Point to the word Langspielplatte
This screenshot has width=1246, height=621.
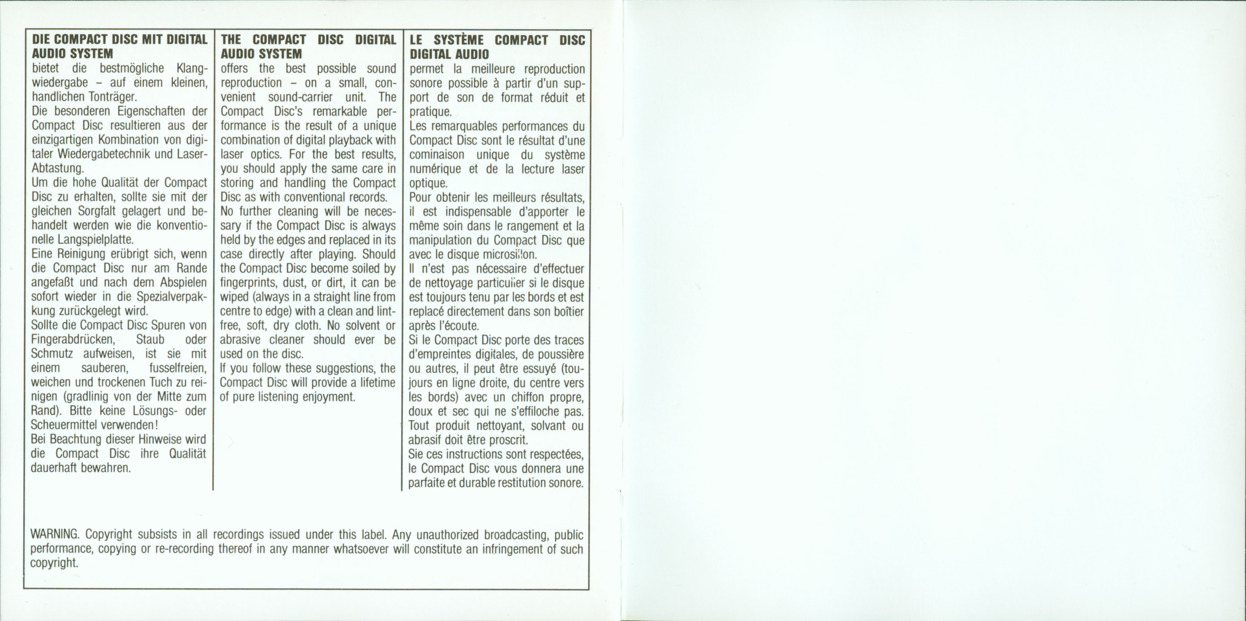95,240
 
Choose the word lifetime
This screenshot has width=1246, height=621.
376,382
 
